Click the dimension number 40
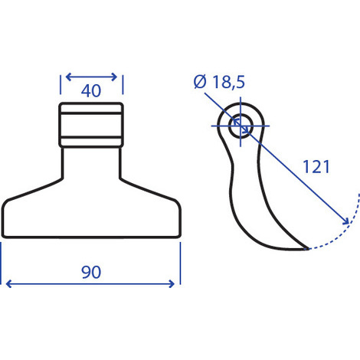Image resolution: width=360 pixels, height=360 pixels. pyautogui.click(x=91, y=91)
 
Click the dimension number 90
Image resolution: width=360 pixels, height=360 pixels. pyautogui.click(x=91, y=272)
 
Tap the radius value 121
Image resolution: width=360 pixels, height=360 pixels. pyautogui.click(x=316, y=167)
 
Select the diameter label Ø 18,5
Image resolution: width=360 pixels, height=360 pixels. pyautogui.click(x=219, y=82)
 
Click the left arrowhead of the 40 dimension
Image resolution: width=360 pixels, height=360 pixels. pyautogui.click(x=68, y=77)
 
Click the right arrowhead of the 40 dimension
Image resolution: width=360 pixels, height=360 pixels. pyautogui.click(x=114, y=77)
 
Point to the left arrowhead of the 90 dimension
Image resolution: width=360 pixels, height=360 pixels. pyautogui.click(x=8, y=283)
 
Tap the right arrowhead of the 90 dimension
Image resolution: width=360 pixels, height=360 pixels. pyautogui.click(x=172, y=283)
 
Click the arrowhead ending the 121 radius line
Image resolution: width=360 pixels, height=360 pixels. pyautogui.click(x=346, y=221)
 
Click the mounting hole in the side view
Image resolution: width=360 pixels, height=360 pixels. pyautogui.click(x=241, y=126)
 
